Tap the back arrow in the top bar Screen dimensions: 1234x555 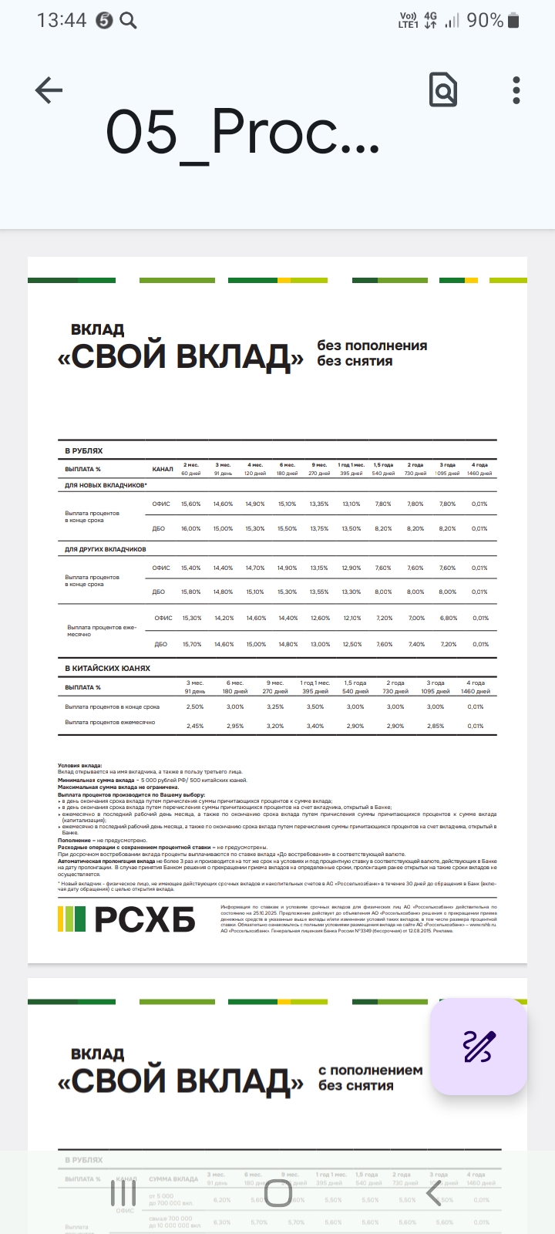coord(49,90)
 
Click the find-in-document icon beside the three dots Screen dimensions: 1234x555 coord(443,90)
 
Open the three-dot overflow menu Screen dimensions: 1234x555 coord(516,90)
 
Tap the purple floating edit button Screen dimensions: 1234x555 coord(479,1047)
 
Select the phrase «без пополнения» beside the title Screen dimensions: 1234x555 coord(372,346)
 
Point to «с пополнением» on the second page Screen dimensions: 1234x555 coord(371,1070)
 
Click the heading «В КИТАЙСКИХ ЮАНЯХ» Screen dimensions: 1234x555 coord(107,668)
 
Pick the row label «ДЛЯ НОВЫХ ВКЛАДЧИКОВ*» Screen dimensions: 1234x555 coord(106,485)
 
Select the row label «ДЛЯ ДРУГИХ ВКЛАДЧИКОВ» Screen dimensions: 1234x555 coord(106,549)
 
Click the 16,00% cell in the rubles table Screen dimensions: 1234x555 coord(190,528)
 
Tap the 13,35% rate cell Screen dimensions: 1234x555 coord(319,504)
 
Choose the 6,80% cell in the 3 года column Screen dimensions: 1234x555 coord(448,618)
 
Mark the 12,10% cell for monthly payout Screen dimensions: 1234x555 coord(351,618)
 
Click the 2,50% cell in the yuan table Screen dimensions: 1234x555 coord(195,706)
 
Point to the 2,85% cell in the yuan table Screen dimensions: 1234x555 coord(436,726)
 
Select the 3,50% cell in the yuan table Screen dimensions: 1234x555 coord(315,706)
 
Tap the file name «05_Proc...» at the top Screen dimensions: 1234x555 coord(242,133)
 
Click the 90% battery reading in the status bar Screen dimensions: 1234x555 coord(485,21)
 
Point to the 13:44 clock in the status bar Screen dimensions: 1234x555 coord(62,21)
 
